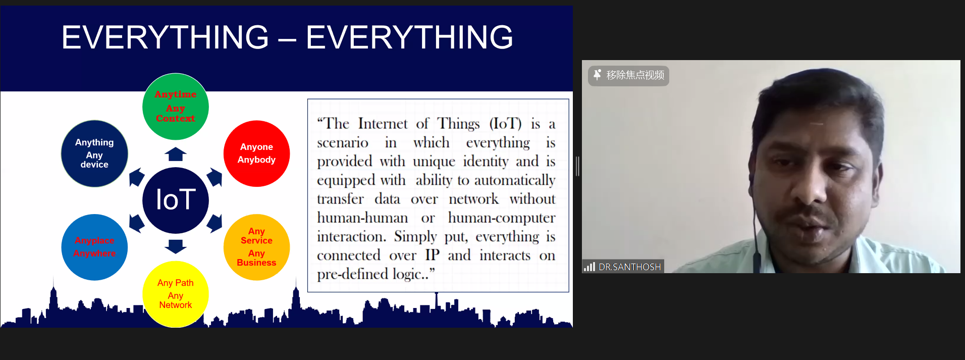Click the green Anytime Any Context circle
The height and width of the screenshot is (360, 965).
[176, 107]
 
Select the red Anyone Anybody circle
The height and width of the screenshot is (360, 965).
[256, 153]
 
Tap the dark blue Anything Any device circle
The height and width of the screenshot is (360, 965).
[94, 153]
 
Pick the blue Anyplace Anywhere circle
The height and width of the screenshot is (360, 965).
[94, 247]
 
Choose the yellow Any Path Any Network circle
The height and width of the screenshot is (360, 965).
[176, 294]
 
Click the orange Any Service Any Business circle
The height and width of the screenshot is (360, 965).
[256, 247]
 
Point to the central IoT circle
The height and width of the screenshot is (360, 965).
[176, 200]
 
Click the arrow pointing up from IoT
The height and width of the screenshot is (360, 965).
[176, 154]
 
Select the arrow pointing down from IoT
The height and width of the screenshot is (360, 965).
[176, 246]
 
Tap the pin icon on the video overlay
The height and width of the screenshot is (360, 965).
[597, 75]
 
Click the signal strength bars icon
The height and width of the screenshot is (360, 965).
[589, 267]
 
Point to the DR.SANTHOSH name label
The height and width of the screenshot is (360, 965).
[629, 267]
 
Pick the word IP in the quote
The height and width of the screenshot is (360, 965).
[432, 255]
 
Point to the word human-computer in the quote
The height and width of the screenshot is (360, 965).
[502, 218]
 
